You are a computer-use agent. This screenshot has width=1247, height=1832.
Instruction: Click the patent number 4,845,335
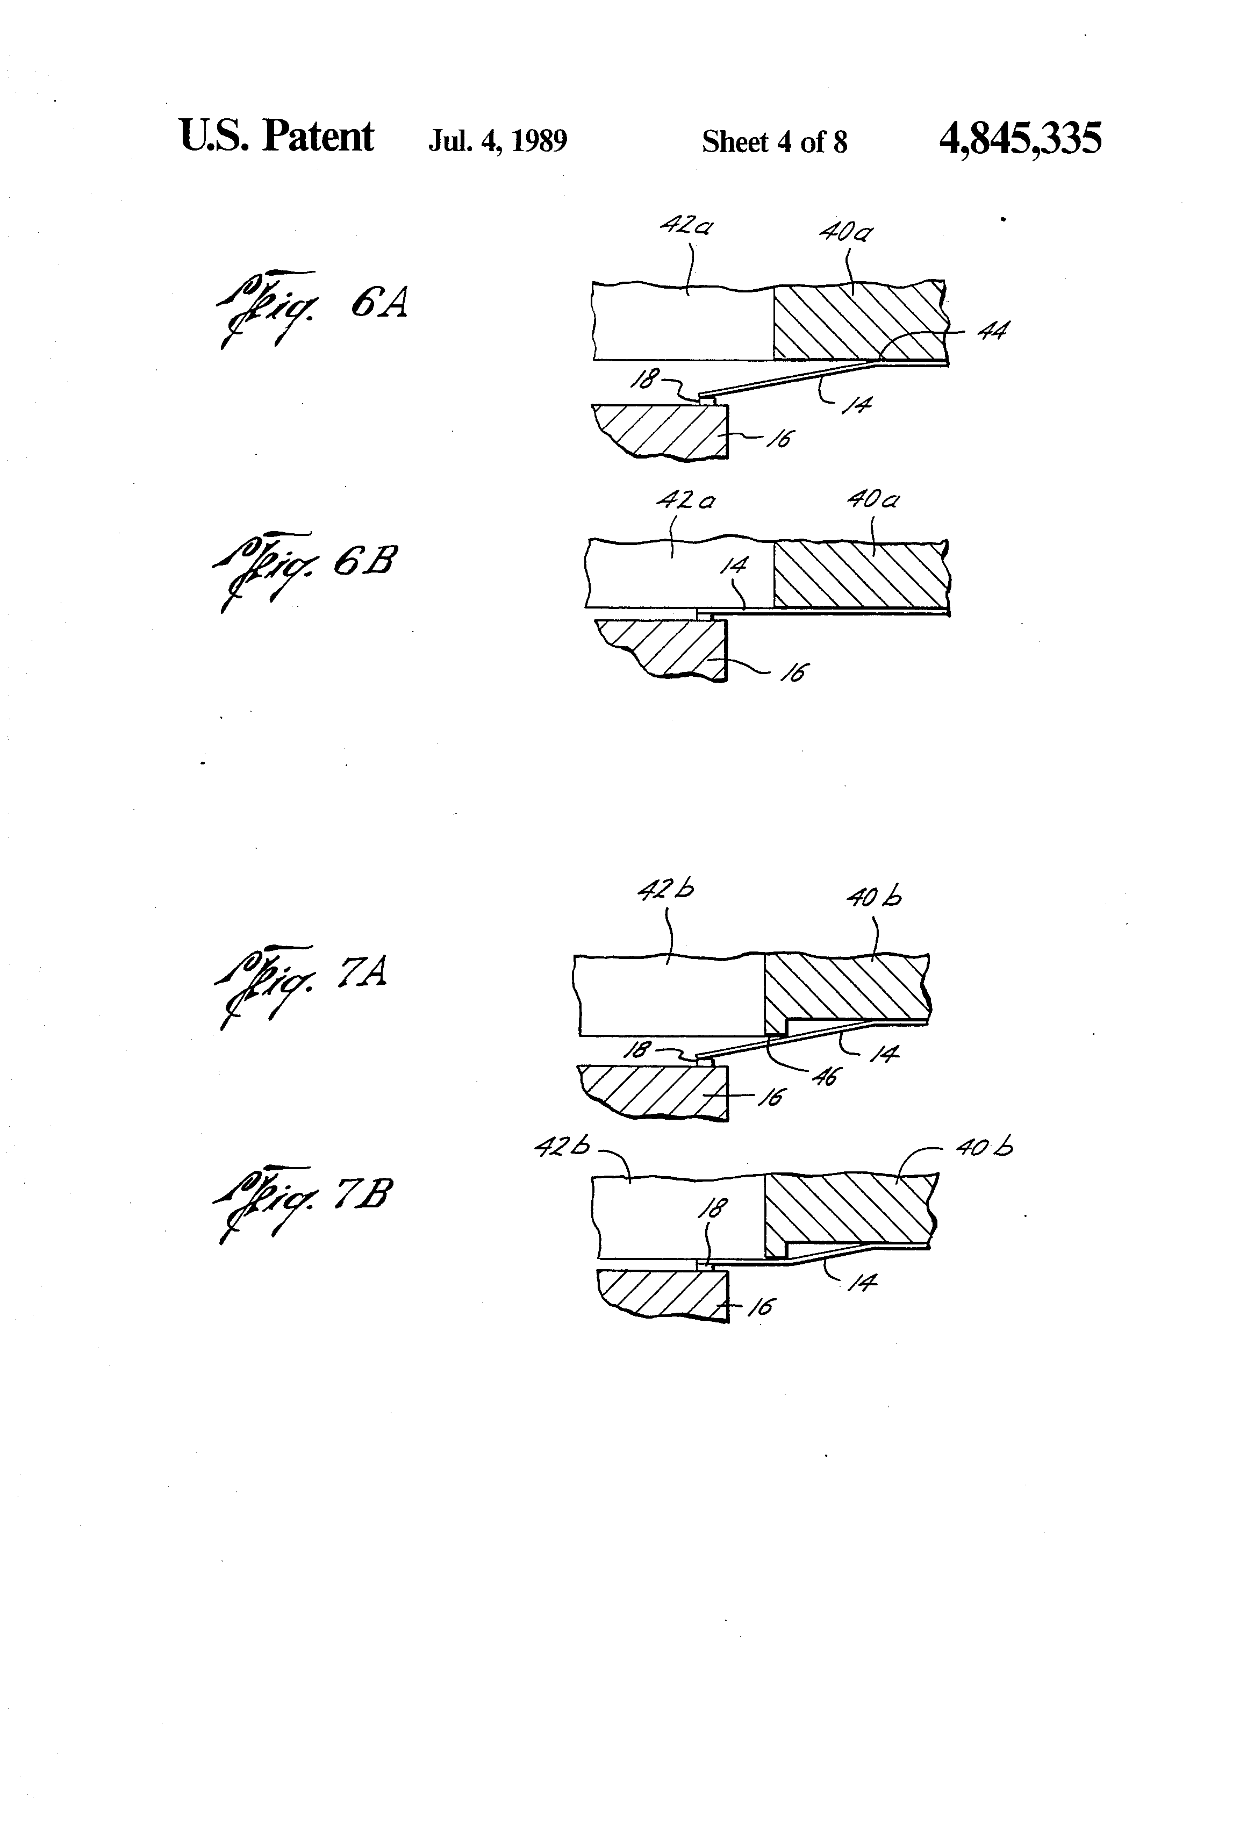point(1020,139)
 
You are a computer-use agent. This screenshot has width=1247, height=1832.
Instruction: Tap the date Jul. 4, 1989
point(497,141)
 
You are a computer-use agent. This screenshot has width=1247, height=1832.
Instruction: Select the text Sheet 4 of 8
point(774,142)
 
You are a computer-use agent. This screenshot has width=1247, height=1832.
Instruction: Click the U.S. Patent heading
point(277,137)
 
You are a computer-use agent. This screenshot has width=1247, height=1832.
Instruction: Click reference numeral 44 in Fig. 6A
point(992,331)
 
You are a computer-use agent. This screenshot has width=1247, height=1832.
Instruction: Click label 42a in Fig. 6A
point(686,226)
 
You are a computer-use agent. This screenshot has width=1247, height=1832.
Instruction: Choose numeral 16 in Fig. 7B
point(760,1307)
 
